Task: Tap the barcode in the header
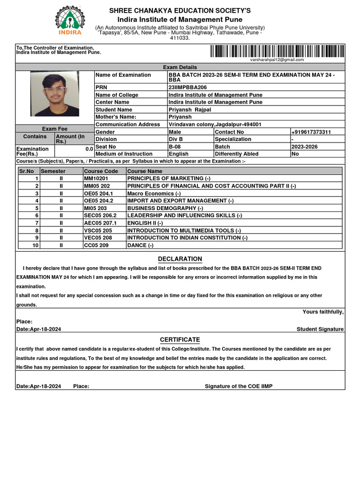click(x=277, y=51)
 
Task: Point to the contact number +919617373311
click(x=311, y=132)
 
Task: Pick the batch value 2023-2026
click(x=304, y=147)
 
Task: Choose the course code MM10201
click(x=96, y=179)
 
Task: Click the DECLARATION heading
click(x=180, y=259)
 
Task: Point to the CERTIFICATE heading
click(x=180, y=340)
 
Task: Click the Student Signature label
click(x=320, y=330)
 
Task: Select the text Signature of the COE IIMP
click(x=239, y=386)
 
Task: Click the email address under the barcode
click(x=277, y=60)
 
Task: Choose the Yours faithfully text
click(x=323, y=312)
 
